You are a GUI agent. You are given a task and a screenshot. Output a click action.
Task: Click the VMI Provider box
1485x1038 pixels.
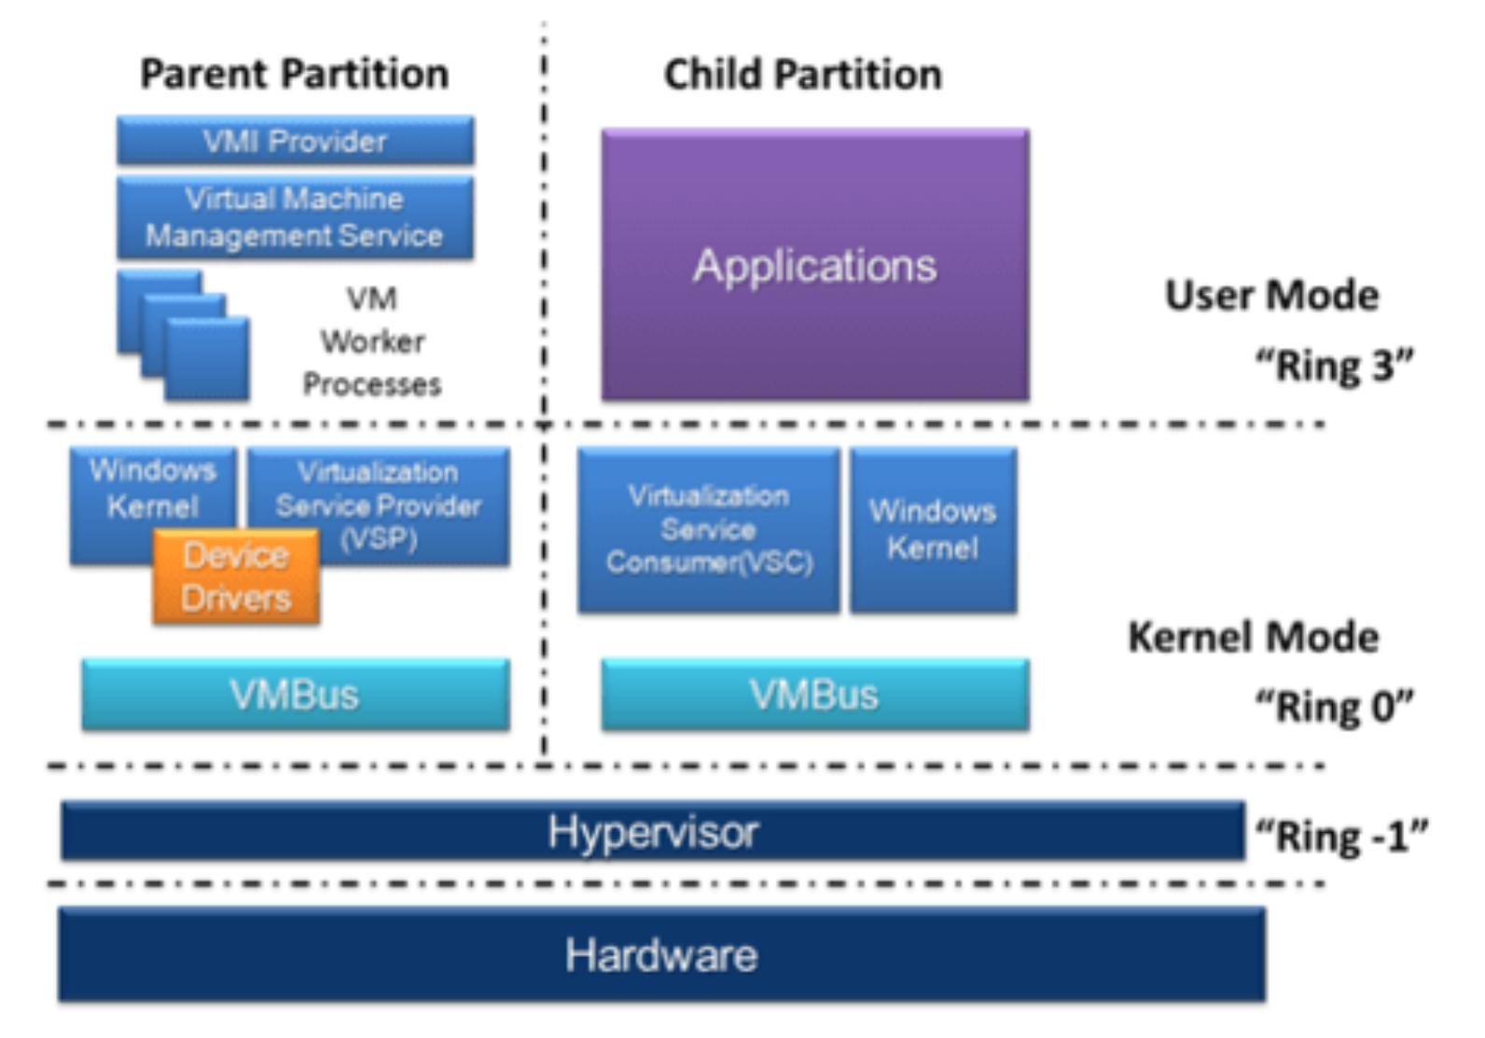(x=295, y=141)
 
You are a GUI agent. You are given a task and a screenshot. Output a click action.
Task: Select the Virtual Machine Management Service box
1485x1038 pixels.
(x=295, y=217)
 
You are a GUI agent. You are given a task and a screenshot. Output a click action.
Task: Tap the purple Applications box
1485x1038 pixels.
(x=814, y=266)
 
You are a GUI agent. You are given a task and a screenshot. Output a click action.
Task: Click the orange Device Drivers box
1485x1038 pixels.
(x=236, y=577)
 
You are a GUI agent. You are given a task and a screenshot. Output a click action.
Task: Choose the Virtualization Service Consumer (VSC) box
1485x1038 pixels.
(x=708, y=530)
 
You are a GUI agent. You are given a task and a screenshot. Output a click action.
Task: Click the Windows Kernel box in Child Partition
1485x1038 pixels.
(x=933, y=530)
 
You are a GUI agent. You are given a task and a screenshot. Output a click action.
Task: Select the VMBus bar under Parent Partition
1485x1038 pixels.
(x=295, y=695)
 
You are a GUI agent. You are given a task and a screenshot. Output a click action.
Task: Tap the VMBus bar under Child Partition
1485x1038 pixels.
(x=814, y=695)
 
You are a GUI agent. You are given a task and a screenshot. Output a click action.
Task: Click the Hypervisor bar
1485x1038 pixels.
(x=652, y=831)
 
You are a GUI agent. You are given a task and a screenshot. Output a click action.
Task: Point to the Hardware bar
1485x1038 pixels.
(x=660, y=955)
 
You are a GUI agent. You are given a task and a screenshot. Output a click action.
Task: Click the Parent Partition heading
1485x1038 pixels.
(x=294, y=74)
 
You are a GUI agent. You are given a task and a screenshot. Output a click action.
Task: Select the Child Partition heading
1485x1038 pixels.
(x=802, y=74)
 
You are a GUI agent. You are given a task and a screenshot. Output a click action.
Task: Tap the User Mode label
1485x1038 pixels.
(x=1271, y=296)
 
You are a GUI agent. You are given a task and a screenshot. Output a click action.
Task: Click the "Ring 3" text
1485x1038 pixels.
(x=1334, y=365)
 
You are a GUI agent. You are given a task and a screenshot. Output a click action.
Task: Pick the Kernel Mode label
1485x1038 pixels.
(x=1253, y=638)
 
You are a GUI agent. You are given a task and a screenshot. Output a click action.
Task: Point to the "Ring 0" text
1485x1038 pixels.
(x=1334, y=706)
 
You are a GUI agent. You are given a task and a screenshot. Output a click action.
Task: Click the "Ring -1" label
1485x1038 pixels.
(x=1341, y=836)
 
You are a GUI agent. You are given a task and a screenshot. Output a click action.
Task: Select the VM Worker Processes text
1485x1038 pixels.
(x=371, y=341)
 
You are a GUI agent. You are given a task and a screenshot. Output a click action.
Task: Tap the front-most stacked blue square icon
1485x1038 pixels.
(x=207, y=359)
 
